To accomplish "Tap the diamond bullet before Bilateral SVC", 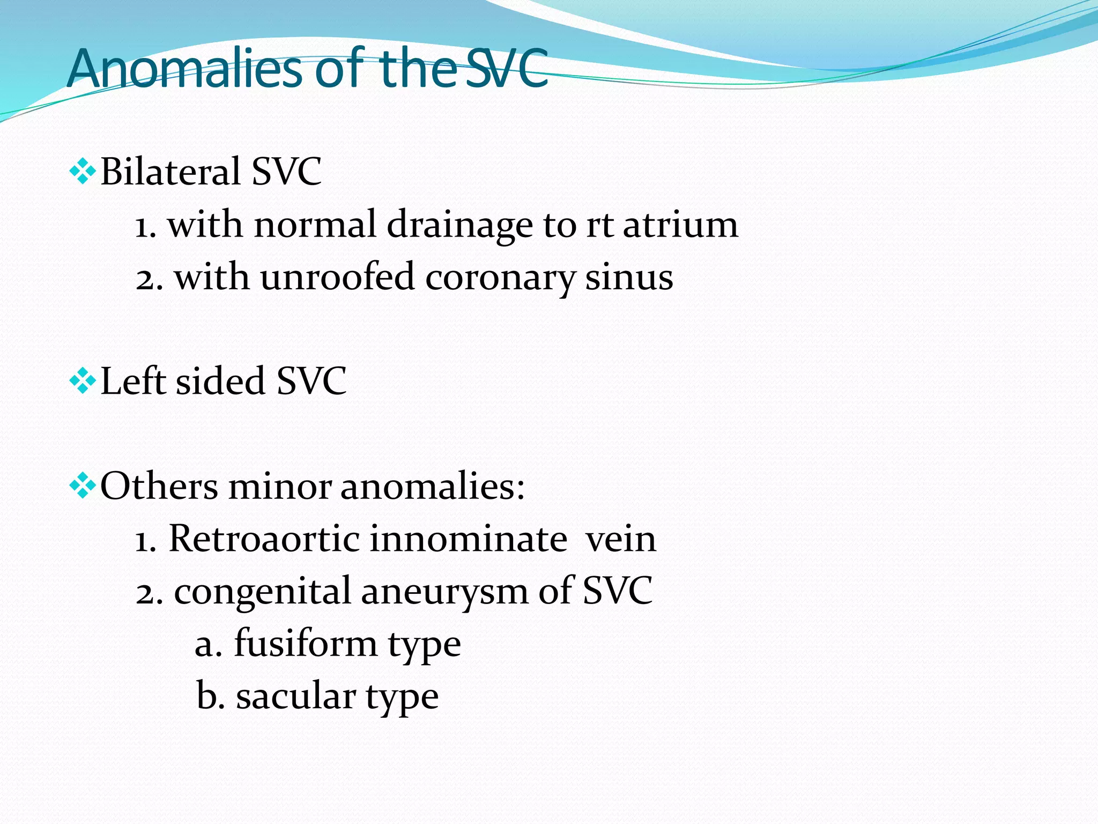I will (83, 172).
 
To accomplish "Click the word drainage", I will (459, 225).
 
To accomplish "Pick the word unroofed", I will (338, 277).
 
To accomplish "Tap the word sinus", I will (629, 277).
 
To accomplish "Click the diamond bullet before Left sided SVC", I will (83, 381).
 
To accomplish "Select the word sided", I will (220, 381).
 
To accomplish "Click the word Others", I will (159, 486).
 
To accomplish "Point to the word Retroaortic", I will (264, 539).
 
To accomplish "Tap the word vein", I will (621, 539).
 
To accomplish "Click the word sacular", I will (295, 696).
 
